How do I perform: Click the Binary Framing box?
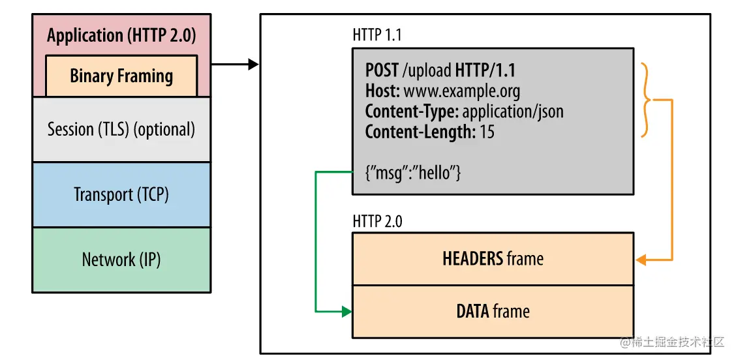[121, 76]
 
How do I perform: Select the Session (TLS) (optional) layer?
[121, 130]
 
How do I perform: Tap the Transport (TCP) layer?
[121, 195]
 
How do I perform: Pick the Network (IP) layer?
[121, 260]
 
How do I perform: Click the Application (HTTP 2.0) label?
[121, 36]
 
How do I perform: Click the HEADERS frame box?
[493, 259]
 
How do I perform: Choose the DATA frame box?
[493, 311]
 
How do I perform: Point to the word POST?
[382, 70]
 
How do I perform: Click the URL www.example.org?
[462, 91]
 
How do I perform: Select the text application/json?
[513, 112]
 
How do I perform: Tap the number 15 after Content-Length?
[487, 132]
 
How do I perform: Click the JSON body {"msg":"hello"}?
[413, 173]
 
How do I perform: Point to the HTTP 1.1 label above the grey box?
[377, 35]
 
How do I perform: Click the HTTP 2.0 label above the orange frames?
[377, 222]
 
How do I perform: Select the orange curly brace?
[647, 100]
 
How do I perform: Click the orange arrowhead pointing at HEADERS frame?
[640, 260]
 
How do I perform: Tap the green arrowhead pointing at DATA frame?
[346, 311]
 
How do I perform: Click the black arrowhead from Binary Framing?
[253, 65]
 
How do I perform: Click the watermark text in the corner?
[672, 342]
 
